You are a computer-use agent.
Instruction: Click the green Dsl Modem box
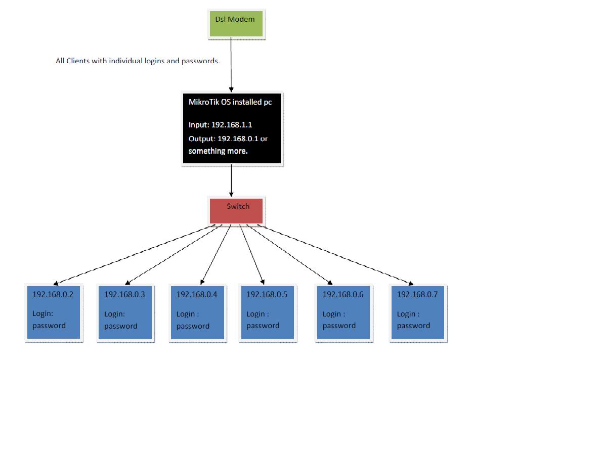pos(236,24)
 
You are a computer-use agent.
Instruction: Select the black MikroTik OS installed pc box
pos(231,128)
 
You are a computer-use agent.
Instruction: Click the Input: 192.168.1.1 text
pos(220,125)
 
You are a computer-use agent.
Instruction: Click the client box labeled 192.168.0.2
pos(53,312)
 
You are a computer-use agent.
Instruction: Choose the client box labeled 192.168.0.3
pos(125,312)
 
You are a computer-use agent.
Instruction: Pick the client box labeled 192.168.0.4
pos(197,312)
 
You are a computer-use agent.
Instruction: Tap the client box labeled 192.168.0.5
pos(267,312)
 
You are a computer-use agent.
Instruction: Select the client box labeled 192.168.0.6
pos(343,312)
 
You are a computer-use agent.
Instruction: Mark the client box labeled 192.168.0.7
pos(417,312)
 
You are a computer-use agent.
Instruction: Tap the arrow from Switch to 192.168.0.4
pos(216,254)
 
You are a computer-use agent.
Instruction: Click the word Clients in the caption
pos(78,61)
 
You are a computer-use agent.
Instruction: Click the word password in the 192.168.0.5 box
pos(263,326)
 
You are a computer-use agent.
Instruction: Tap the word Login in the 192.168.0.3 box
pos(113,314)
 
